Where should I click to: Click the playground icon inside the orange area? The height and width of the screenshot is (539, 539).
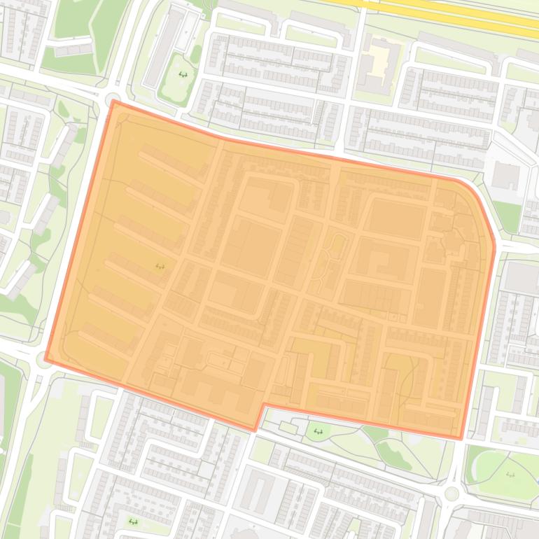[160, 266]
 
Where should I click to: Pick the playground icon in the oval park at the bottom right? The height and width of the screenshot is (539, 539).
[510, 474]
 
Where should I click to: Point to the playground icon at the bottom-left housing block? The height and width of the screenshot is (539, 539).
[133, 521]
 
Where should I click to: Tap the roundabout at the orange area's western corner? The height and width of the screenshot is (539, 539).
[43, 359]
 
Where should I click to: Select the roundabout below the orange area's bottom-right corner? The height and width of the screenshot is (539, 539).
[452, 494]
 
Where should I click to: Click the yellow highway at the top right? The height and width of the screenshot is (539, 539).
[448, 14]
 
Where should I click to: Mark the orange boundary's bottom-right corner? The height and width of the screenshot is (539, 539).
[461, 438]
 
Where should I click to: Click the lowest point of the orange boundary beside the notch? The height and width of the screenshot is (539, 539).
[253, 428]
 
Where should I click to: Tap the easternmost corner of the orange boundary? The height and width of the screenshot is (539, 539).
[494, 245]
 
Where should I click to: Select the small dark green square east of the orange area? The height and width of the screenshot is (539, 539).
[510, 216]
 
